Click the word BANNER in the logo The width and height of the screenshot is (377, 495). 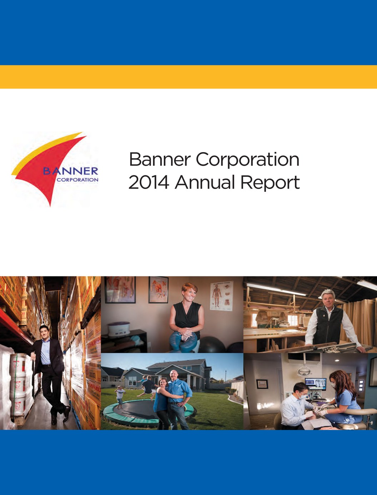[70, 171]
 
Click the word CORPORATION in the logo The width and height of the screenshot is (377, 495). [77, 180]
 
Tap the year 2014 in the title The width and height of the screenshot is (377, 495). [149, 182]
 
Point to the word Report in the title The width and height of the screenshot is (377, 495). [270, 183]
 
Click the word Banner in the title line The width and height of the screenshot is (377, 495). [159, 159]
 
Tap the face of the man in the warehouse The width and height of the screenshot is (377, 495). [44, 332]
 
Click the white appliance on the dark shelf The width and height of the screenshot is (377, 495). [118, 329]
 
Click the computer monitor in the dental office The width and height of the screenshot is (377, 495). [315, 384]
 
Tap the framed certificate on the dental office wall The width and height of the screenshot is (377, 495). [262, 384]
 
